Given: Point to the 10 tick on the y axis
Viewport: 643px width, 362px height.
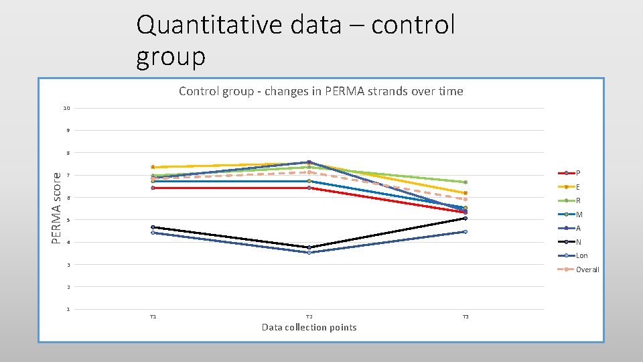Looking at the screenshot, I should (x=66, y=108).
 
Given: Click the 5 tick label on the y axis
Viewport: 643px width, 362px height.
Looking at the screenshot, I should (x=68, y=220).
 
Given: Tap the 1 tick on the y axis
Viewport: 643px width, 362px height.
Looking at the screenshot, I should (x=68, y=309).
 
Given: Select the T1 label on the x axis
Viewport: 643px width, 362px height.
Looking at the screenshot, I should (x=153, y=316).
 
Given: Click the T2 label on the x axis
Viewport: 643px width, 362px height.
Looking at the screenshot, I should (x=309, y=316).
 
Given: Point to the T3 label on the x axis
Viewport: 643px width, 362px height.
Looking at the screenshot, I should (x=465, y=316).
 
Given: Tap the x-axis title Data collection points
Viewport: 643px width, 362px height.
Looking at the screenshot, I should (x=309, y=327).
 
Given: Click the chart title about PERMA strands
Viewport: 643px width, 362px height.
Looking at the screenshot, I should (x=321, y=91).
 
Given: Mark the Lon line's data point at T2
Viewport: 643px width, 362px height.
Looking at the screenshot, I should (x=309, y=252).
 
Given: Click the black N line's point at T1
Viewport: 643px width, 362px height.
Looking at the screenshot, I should (x=153, y=227).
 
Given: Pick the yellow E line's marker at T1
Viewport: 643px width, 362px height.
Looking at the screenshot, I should (x=153, y=167).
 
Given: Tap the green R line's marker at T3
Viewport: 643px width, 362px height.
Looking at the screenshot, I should (x=465, y=182).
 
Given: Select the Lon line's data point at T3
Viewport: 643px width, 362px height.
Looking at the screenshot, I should (x=465, y=231).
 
